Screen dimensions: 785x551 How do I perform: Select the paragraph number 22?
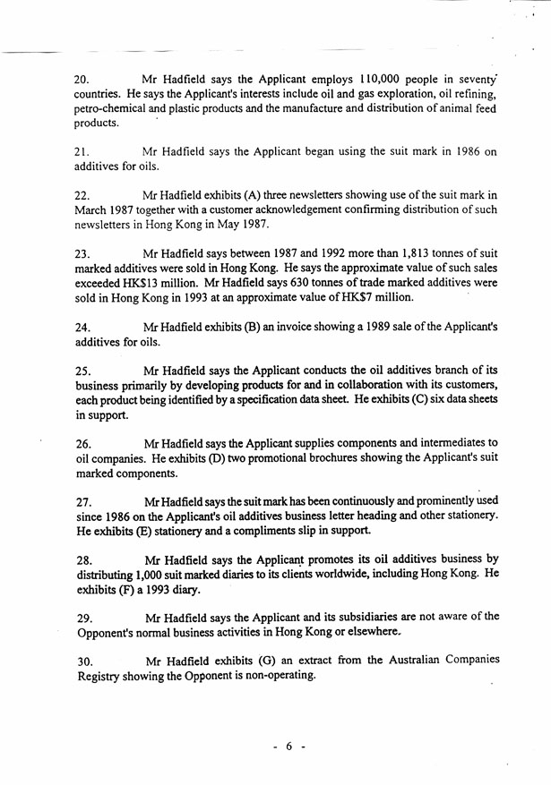(83, 195)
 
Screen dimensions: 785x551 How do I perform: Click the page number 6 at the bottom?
(289, 747)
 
